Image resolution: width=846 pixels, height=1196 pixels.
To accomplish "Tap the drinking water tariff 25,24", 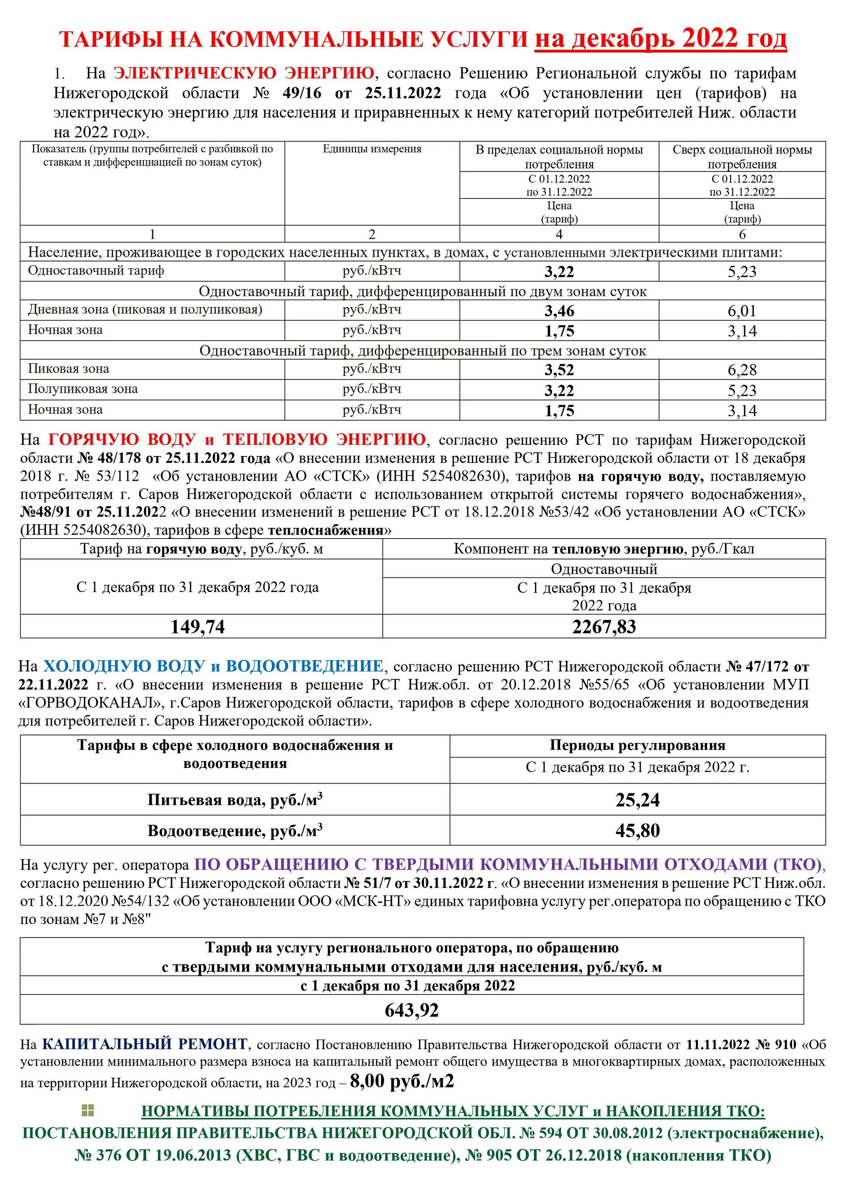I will pyautogui.click(x=637, y=800).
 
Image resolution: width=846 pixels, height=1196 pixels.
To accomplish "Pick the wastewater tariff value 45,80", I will pyautogui.click(x=637, y=830).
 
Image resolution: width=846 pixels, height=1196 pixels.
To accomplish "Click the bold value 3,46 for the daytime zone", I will pyautogui.click(x=559, y=311).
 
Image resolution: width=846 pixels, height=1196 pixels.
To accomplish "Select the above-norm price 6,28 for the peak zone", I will pyautogui.click(x=742, y=370).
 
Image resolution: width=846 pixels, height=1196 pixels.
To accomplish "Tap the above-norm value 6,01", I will pyautogui.click(x=742, y=311).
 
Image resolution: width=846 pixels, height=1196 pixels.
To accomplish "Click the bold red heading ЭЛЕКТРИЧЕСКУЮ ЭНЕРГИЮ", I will pyautogui.click(x=243, y=73).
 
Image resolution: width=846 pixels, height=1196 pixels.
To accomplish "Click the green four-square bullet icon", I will pyautogui.click(x=88, y=1111).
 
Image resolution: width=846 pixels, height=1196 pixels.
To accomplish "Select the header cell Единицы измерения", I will pyautogui.click(x=372, y=149).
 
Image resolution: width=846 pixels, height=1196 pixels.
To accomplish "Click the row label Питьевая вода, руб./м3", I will pyautogui.click(x=235, y=800).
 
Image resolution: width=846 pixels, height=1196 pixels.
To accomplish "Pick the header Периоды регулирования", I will pyautogui.click(x=637, y=746).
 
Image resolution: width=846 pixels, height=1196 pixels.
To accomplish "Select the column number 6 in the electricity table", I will pyautogui.click(x=742, y=234).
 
